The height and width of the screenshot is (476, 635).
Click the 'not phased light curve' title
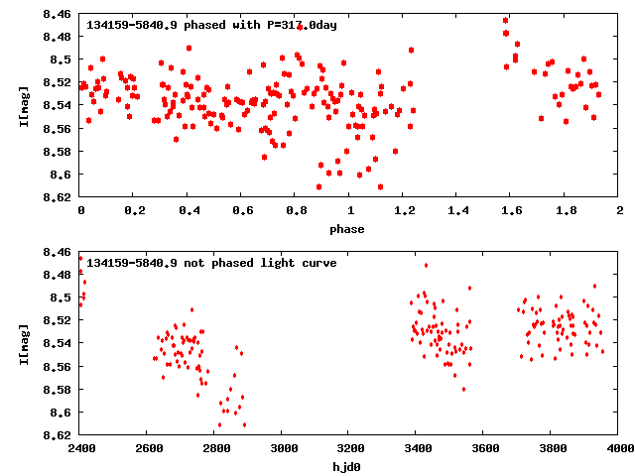click(x=211, y=263)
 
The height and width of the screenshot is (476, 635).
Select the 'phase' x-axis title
click(x=347, y=229)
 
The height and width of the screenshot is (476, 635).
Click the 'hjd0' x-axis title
click(x=349, y=465)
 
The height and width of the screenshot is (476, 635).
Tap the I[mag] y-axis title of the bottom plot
click(x=24, y=342)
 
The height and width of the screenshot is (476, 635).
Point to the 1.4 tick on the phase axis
click(x=457, y=211)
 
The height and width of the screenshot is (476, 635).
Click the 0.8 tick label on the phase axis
click(x=296, y=211)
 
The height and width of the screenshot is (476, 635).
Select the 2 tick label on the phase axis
click(x=619, y=211)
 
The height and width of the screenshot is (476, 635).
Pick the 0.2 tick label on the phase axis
click(x=134, y=211)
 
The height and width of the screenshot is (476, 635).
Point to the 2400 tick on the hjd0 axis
click(x=80, y=449)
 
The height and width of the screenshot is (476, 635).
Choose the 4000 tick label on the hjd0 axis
click(x=619, y=449)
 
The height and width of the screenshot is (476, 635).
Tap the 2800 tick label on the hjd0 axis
click(x=215, y=449)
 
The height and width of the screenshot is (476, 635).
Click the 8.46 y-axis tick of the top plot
click(x=57, y=14)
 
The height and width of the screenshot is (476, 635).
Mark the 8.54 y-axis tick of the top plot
click(x=57, y=105)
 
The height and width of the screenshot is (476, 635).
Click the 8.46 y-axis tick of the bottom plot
click(x=57, y=252)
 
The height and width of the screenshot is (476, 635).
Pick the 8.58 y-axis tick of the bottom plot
click(x=57, y=390)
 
